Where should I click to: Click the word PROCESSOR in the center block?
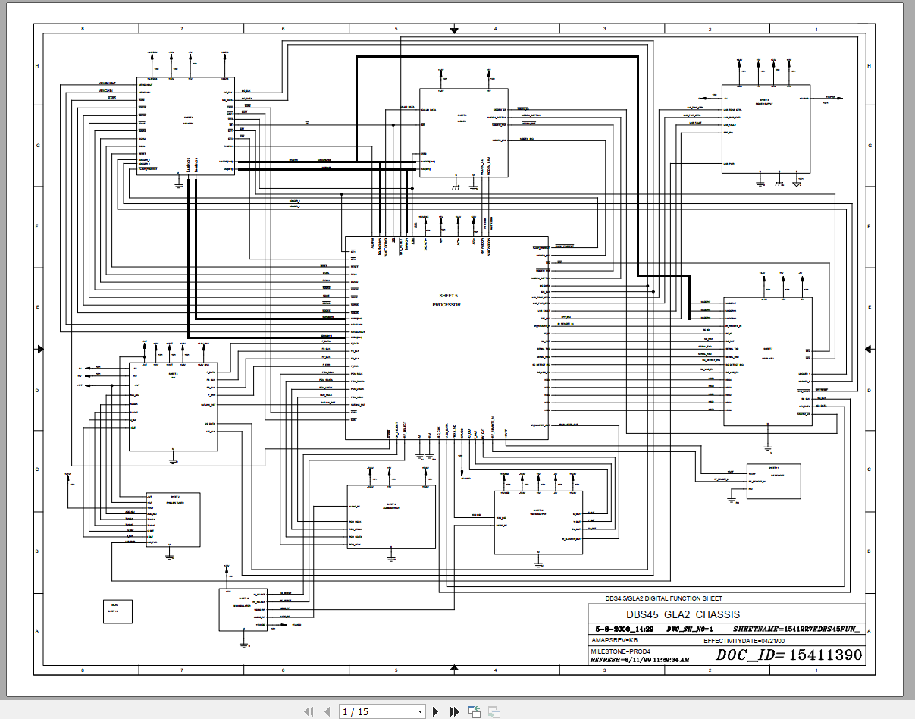click(447, 305)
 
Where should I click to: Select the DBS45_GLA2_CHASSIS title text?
click(682, 614)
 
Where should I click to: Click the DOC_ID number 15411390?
click(826, 655)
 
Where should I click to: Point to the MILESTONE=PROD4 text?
click(620, 651)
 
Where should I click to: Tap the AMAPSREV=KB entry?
click(614, 641)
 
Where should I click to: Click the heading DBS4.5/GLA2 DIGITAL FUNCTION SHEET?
click(663, 598)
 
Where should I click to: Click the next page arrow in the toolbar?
click(435, 711)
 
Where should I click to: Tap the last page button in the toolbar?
click(454, 711)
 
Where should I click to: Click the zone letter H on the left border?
click(38, 66)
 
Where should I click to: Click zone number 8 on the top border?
click(83, 29)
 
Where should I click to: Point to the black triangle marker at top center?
click(454, 30)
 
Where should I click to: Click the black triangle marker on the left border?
click(40, 349)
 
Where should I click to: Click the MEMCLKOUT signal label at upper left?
click(107, 83)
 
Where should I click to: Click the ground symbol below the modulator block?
click(243, 644)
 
